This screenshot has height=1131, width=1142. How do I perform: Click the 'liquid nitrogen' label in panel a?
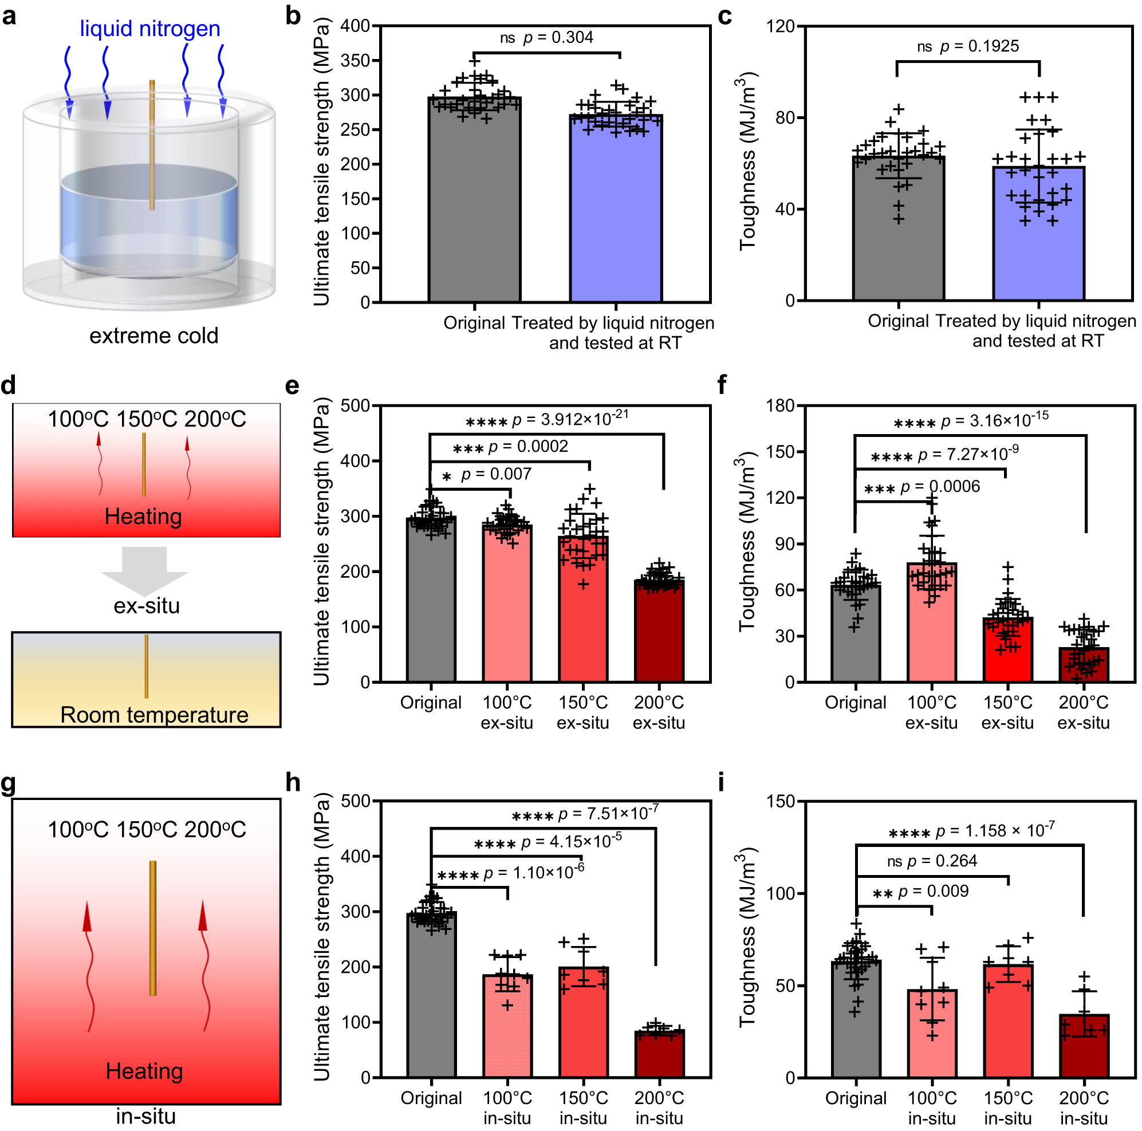149,29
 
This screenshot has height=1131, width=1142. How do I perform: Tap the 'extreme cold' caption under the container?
153,336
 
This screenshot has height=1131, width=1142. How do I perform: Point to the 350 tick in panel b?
355,60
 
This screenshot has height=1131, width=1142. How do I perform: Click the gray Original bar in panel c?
898,237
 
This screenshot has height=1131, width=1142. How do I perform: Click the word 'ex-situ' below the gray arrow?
146,606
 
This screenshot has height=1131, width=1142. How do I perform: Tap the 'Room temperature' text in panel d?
154,715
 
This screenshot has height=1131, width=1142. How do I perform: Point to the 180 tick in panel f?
779,405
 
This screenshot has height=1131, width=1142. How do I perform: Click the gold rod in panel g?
152,928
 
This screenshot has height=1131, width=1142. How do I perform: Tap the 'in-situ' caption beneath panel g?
145,1116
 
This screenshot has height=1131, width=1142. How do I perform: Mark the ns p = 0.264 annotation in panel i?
932,861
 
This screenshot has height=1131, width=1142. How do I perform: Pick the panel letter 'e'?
292,385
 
